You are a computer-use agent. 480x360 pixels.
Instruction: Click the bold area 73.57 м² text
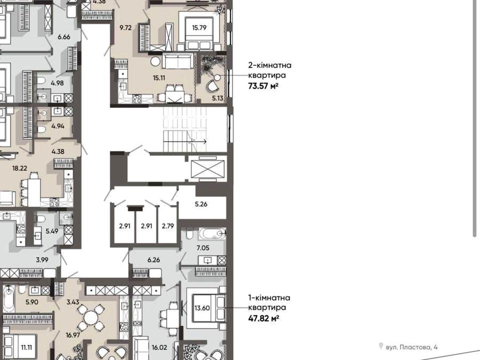263,86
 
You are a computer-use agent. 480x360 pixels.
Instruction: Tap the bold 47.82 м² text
263,318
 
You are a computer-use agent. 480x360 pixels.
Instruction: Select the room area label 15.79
199,27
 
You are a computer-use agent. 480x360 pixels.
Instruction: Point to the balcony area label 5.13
217,98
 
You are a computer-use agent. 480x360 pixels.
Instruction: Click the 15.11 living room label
159,78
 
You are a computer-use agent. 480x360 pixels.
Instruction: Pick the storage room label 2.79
168,226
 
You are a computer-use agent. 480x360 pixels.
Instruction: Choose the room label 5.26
201,204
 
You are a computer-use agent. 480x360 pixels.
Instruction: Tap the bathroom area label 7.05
203,248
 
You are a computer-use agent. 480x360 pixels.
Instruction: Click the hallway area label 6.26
153,260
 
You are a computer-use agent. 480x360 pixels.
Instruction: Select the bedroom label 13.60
202,308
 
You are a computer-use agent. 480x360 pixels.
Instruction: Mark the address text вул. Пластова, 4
411,347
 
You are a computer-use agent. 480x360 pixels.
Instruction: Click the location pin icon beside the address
381,346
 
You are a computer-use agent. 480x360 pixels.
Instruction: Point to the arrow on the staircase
198,141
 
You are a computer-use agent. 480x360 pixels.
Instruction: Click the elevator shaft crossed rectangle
207,168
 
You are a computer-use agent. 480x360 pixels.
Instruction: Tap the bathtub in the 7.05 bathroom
211,233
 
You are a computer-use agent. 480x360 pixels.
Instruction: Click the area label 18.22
19,168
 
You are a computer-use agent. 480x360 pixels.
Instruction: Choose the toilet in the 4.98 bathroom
41,81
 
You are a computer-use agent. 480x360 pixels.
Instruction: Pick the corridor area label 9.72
125,28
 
